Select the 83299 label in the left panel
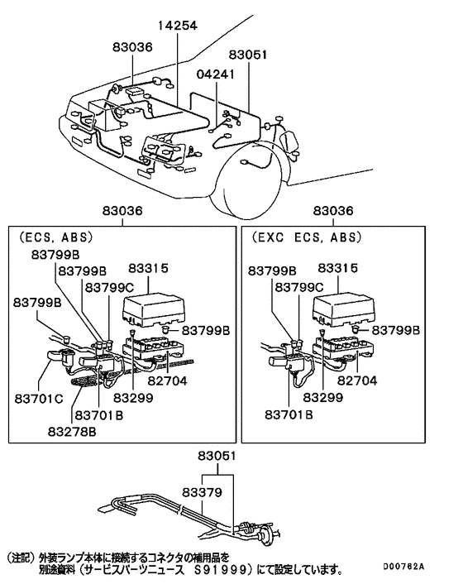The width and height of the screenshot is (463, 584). (x=134, y=398)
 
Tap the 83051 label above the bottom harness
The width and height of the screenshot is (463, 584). (x=217, y=456)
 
